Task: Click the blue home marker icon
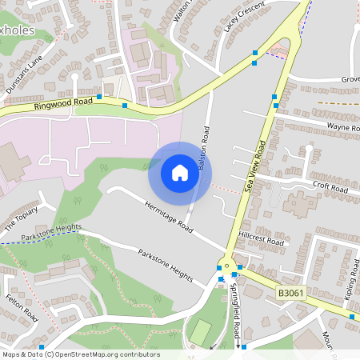[x=179, y=173]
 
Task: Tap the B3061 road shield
[x=292, y=294]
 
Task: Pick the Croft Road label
[x=330, y=187]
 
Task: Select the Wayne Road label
[x=343, y=127]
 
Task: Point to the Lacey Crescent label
[x=243, y=16]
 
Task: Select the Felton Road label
[x=22, y=307]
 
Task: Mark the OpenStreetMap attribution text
[x=80, y=354]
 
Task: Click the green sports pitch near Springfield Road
[x=200, y=330]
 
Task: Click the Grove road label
[x=350, y=80]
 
